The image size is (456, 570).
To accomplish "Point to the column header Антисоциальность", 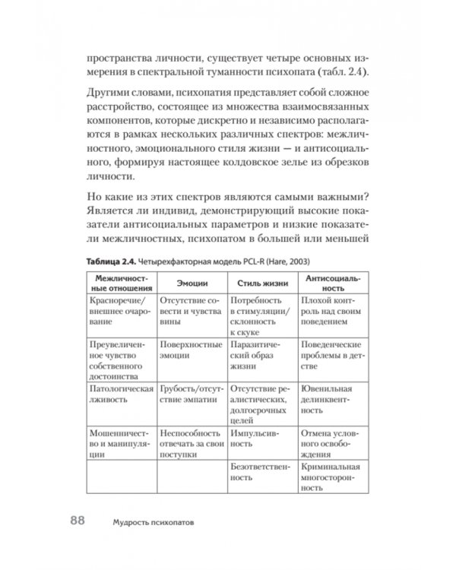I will click(x=333, y=282).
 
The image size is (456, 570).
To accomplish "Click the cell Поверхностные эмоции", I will click(x=189, y=348).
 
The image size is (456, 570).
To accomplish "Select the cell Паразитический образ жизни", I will click(x=258, y=354).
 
